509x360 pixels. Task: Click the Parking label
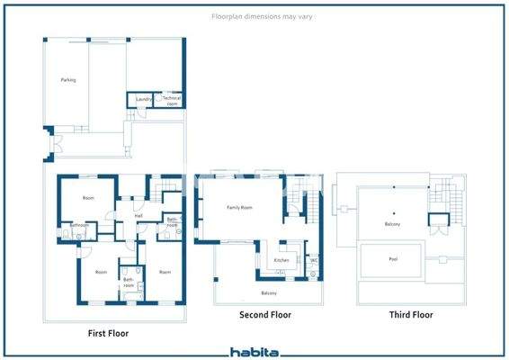pos(68,80)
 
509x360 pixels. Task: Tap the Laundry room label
pos(142,98)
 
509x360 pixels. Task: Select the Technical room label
pos(172,100)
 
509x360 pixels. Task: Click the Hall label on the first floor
pos(138,216)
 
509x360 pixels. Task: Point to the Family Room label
pos(239,207)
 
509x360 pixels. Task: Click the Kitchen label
pos(281,261)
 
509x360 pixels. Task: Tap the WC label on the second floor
pos(313,261)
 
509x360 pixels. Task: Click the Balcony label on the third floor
pos(392,224)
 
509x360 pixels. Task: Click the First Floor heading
pos(108,333)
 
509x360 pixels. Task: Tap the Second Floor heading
pos(265,316)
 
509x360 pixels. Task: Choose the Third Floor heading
pos(411,316)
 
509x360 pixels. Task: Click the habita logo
pos(254,352)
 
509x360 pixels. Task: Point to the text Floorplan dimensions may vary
pos(254,16)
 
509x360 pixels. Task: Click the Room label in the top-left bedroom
pos(88,198)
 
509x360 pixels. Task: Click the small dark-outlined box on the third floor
pos(437,221)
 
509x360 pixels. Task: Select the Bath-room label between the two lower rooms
pos(129,283)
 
